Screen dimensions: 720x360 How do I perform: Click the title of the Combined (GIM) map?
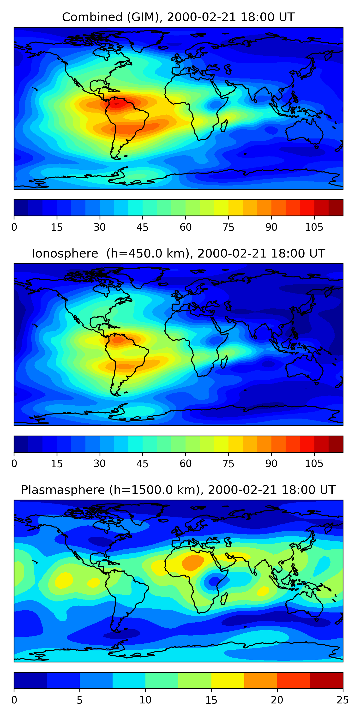[x=178, y=17]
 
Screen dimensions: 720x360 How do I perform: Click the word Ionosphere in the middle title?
[x=65, y=253]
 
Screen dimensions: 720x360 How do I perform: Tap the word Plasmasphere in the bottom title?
[x=63, y=490]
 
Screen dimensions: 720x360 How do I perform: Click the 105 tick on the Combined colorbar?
[x=314, y=227]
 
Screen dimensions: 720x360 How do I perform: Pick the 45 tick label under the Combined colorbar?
[x=142, y=227]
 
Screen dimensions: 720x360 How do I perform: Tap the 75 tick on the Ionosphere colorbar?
[x=228, y=464]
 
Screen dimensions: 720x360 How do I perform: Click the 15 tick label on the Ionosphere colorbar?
[x=57, y=464]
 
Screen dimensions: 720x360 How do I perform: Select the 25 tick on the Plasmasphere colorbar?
[x=343, y=700]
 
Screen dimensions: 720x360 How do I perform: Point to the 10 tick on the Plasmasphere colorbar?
[x=145, y=700]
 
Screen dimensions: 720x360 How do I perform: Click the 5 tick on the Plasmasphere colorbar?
[x=80, y=700]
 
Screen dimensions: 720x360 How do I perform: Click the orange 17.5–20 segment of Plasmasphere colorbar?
[x=260, y=680]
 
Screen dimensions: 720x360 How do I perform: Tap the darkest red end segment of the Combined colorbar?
[x=336, y=208]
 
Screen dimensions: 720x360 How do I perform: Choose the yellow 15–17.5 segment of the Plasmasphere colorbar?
[x=228, y=680]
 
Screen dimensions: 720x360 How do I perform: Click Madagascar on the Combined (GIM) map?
[x=224, y=126]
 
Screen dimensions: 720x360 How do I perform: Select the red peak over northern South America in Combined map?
[x=117, y=104]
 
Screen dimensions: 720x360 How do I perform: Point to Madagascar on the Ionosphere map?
[x=224, y=362]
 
